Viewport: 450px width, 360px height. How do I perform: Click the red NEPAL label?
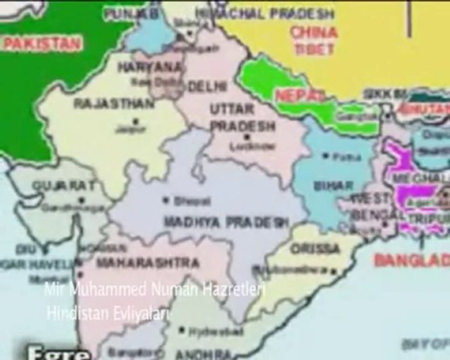pos(293,95)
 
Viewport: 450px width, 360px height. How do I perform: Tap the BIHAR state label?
pos(333,185)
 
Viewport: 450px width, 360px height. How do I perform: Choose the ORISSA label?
pos(315,248)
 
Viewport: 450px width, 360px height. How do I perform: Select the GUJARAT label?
pos(63,185)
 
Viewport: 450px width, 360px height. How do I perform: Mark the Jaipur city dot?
pos(134,120)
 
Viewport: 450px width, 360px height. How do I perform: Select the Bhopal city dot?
pos(166,199)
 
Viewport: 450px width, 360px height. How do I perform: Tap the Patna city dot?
pos(326,156)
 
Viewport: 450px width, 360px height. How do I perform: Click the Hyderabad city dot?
pos(182,330)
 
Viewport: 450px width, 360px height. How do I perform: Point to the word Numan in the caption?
pos(181,289)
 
